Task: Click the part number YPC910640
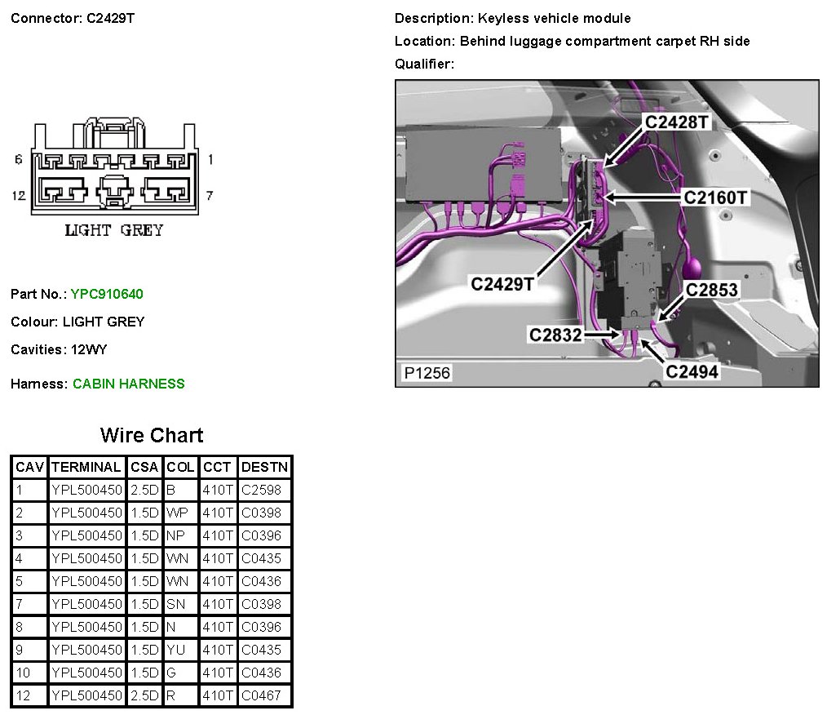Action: pyautogui.click(x=107, y=294)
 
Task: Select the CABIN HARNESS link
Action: pyautogui.click(x=129, y=384)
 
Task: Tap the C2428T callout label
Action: pyautogui.click(x=677, y=122)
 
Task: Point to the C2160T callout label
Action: pyautogui.click(x=715, y=197)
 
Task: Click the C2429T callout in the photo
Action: pyautogui.click(x=502, y=283)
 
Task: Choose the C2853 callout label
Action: pyautogui.click(x=711, y=290)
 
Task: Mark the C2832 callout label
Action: pyautogui.click(x=555, y=334)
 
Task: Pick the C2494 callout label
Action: pyautogui.click(x=692, y=371)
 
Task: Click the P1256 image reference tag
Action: pyautogui.click(x=427, y=373)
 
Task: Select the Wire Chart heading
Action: pyautogui.click(x=152, y=435)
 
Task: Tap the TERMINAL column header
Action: pyautogui.click(x=86, y=468)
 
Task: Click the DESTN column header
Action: pyautogui.click(x=264, y=468)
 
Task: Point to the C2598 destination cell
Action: pyautogui.click(x=261, y=491)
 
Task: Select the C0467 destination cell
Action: pyautogui.click(x=261, y=696)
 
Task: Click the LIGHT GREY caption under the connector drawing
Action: pyautogui.click(x=113, y=230)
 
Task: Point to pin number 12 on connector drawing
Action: pyautogui.click(x=18, y=195)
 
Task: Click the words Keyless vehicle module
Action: pyautogui.click(x=555, y=18)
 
